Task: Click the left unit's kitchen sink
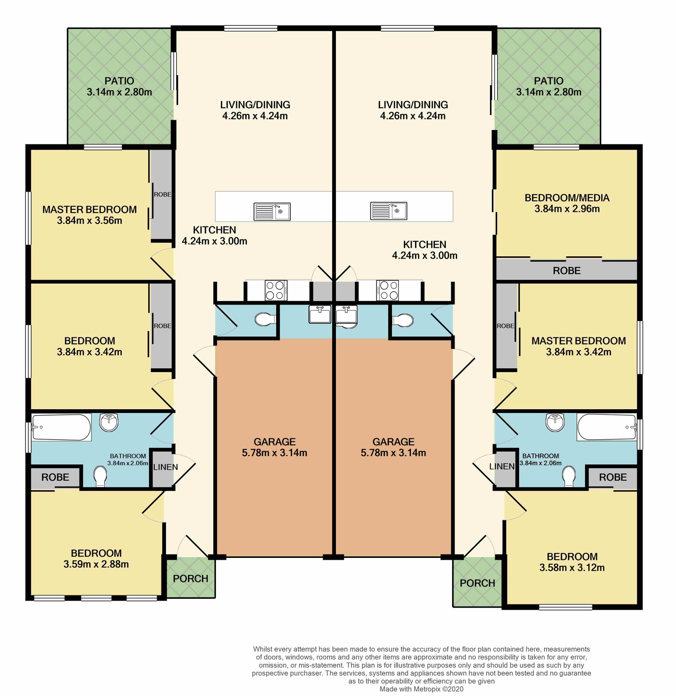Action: point(272,211)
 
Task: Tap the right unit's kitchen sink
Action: point(389,211)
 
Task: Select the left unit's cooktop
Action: point(276,290)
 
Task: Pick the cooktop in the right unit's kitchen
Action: point(387,290)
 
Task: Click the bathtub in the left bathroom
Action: point(61,427)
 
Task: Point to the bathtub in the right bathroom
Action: point(607,427)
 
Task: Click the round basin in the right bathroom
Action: point(555,422)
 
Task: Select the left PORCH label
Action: point(191,579)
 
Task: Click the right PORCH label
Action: point(477,583)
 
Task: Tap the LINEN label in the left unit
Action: point(166,467)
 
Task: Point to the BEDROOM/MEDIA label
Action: point(567,198)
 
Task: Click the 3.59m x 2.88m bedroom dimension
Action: point(96,564)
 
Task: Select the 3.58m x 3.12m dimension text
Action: point(572,568)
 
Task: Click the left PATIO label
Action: point(120,81)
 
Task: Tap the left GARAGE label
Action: point(275,442)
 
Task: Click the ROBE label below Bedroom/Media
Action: point(567,271)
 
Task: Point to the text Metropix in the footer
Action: point(426,689)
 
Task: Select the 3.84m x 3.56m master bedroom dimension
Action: point(90,220)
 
